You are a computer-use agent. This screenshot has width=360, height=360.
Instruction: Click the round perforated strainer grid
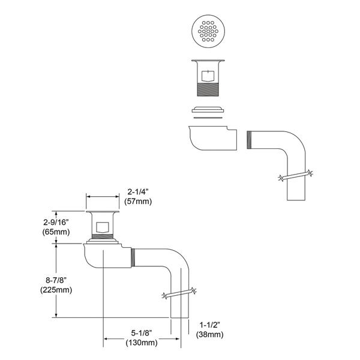click(208, 31)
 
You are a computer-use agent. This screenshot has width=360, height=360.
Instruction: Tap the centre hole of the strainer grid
click(208, 31)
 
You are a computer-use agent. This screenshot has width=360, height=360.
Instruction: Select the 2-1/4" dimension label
click(138, 192)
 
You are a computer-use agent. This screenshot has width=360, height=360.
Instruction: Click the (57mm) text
click(138, 202)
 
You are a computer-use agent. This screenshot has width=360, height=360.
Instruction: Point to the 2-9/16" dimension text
click(56, 222)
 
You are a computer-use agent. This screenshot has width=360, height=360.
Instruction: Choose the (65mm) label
click(56, 232)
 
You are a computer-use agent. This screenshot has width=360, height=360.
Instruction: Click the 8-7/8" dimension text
click(56, 280)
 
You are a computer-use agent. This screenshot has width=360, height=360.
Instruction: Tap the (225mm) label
click(56, 290)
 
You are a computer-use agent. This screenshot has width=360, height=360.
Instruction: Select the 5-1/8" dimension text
click(142, 333)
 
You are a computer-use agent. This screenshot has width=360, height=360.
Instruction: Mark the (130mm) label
click(142, 343)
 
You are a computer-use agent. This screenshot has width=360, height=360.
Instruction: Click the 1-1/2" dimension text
click(209, 325)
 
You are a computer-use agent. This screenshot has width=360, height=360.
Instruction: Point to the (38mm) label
click(209, 335)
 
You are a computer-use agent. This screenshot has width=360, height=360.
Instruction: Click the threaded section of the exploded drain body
click(208, 89)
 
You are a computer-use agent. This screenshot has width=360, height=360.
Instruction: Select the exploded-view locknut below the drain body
click(208, 110)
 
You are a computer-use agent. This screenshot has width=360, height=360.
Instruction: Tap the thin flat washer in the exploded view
click(208, 118)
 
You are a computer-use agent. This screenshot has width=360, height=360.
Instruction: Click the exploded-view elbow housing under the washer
click(212, 138)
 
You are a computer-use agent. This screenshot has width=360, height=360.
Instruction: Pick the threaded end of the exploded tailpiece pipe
click(249, 140)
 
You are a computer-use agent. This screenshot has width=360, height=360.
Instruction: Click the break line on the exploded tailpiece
click(296, 175)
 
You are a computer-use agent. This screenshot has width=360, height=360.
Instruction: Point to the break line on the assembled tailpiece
click(179, 293)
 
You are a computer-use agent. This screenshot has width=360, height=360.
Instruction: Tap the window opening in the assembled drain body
click(103, 227)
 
